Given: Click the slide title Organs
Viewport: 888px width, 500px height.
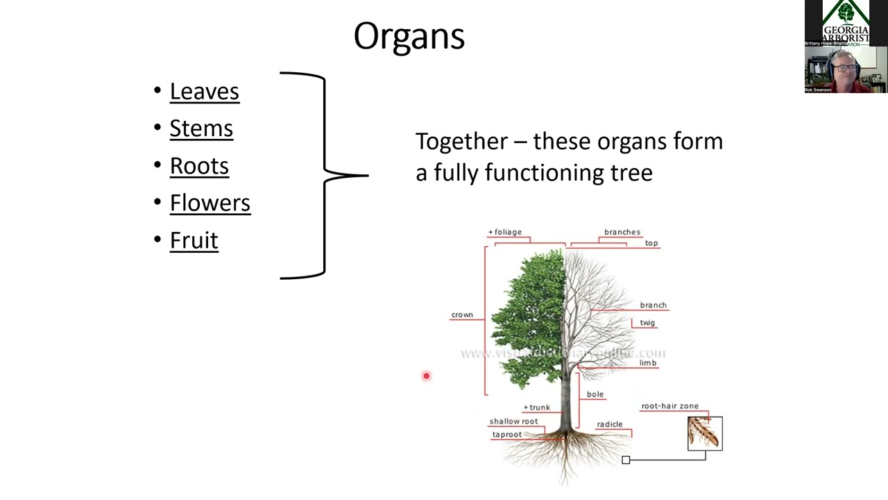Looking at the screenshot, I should [409, 36].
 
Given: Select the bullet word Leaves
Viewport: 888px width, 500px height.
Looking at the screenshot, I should [204, 92].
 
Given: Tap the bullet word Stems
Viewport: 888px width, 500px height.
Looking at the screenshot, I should [201, 128].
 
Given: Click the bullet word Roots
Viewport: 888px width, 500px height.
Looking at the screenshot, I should [199, 166].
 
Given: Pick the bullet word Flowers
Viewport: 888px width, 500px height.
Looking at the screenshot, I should [210, 203].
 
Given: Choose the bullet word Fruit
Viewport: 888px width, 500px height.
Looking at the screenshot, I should [194, 240].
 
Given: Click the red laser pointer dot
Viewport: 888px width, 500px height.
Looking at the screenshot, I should [426, 376].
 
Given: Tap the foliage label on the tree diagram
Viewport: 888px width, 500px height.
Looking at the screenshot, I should [506, 232].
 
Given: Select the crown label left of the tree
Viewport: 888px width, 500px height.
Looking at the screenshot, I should [462, 315].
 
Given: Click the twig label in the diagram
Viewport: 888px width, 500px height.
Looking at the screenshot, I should [647, 323].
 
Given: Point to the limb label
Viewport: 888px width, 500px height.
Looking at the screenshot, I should [648, 362].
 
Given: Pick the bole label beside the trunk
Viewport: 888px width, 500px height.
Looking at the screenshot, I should [595, 394].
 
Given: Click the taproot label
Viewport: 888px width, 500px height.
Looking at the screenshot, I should [507, 435].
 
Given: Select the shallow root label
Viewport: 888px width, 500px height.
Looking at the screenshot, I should [513, 422].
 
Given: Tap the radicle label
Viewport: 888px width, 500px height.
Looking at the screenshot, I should [610, 424].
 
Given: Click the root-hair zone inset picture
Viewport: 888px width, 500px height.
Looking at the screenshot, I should [705, 433].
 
